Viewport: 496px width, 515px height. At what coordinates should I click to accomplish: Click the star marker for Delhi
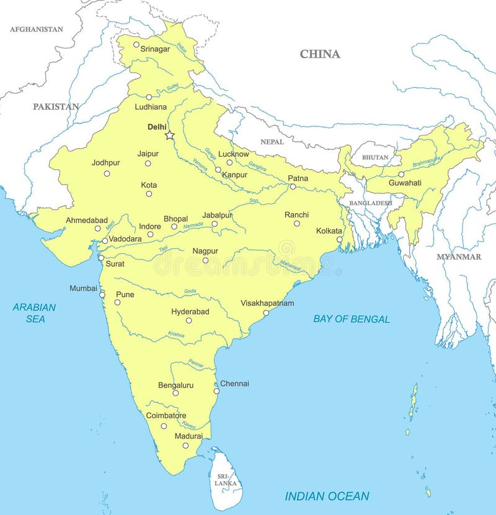click(x=169, y=135)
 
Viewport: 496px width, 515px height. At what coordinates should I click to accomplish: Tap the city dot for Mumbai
click(x=102, y=294)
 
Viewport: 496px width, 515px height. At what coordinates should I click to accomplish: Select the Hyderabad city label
click(x=190, y=312)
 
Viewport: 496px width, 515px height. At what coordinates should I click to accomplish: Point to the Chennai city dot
click(x=216, y=390)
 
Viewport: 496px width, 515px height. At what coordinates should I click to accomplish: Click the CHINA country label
click(x=320, y=54)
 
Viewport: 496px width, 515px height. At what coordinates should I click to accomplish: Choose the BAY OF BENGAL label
click(x=352, y=319)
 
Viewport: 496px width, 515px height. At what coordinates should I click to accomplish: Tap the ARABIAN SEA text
click(x=35, y=313)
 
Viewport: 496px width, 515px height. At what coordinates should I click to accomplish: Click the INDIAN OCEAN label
click(x=327, y=496)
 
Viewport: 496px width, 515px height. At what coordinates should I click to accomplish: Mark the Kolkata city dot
click(x=339, y=239)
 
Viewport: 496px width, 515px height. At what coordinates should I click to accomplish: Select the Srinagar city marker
click(x=136, y=44)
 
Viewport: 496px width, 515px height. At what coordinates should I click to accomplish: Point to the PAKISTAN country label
click(x=56, y=107)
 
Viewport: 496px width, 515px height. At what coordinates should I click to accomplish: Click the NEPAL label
click(x=272, y=142)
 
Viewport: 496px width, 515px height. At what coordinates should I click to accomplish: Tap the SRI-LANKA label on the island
click(x=223, y=479)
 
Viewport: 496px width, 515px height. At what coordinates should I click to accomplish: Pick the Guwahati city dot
click(x=401, y=174)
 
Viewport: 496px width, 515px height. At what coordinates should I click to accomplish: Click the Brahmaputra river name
click(x=427, y=161)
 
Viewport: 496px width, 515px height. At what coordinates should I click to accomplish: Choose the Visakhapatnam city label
click(x=267, y=303)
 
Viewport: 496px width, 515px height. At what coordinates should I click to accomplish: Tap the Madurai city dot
click(x=185, y=445)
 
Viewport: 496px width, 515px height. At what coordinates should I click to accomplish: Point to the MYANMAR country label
click(x=459, y=257)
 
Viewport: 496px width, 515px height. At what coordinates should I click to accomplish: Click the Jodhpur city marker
click(x=107, y=174)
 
